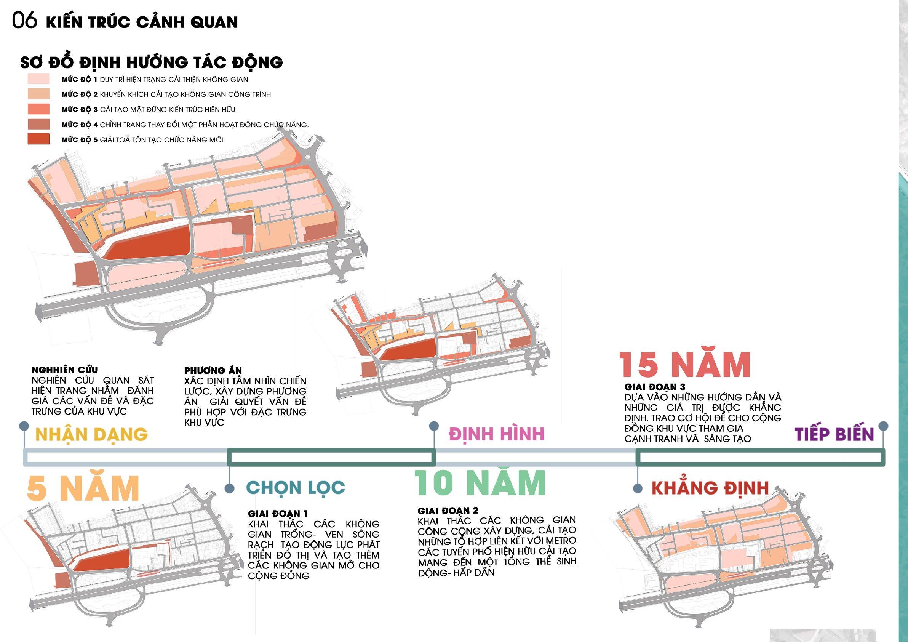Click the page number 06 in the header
click(x=24, y=21)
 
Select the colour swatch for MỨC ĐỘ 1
click(x=38, y=79)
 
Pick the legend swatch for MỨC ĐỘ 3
click(x=38, y=109)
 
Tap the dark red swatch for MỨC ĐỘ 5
click(x=38, y=139)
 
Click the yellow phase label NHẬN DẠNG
click(x=91, y=434)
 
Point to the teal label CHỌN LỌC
click(x=296, y=487)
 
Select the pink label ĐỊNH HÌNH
click(x=496, y=434)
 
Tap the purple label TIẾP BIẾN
click(x=834, y=434)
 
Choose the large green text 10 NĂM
click(x=480, y=483)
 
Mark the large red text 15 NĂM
click(x=684, y=365)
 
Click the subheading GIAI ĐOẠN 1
click(x=278, y=514)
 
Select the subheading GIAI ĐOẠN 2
click(x=448, y=511)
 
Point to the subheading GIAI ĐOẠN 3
click(x=655, y=386)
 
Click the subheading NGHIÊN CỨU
click(x=64, y=370)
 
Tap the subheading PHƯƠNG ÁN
click(x=213, y=371)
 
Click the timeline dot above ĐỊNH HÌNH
click(x=434, y=426)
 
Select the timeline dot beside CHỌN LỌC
click(x=229, y=488)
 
